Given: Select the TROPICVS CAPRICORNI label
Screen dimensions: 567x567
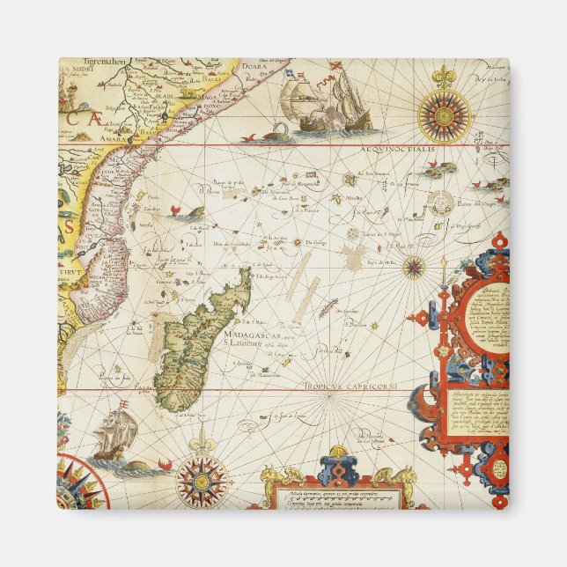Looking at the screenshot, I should tap(357, 386).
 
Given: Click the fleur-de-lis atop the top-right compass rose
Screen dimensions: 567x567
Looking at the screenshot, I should tap(445, 76).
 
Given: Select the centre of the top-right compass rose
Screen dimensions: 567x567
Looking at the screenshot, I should tap(445, 115).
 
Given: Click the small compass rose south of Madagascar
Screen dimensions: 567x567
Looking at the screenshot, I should tap(202, 481).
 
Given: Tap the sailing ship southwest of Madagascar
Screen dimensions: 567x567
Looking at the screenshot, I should tap(114, 435).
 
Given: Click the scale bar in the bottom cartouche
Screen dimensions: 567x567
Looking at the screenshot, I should tap(340, 495).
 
